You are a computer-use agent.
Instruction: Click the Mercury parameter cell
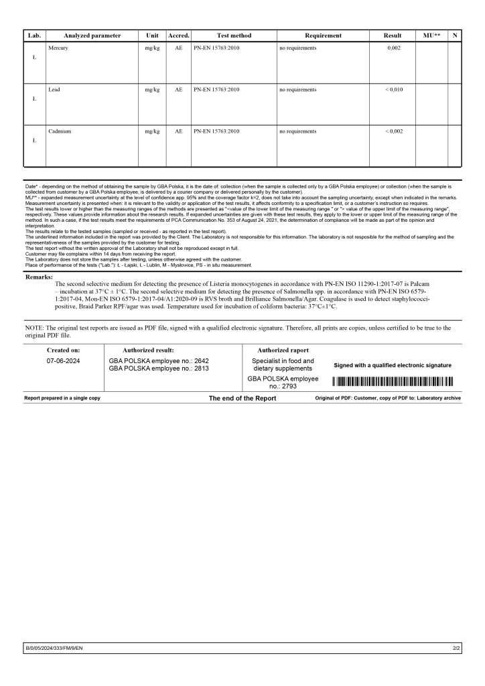[x=58, y=49]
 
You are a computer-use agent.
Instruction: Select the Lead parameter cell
[x=54, y=90]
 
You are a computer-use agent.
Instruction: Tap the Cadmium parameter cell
[x=60, y=131]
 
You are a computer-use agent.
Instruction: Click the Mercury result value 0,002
[x=393, y=49]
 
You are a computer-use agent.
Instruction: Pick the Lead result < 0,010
[x=393, y=90]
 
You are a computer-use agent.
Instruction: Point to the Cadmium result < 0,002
[x=393, y=131]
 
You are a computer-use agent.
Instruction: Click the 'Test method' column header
[x=234, y=36]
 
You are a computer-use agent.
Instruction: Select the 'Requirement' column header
[x=323, y=36]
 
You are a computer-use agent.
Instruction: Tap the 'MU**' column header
[x=432, y=36]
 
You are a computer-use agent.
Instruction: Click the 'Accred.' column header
[x=178, y=36]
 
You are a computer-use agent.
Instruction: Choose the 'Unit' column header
[x=152, y=36]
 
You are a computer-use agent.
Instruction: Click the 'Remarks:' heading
[x=39, y=277]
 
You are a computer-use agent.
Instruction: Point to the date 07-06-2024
[x=63, y=361]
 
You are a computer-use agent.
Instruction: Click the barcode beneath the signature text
[x=393, y=382]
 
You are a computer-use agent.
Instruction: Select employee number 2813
[x=158, y=368]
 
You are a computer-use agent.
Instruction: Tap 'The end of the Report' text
[x=242, y=398]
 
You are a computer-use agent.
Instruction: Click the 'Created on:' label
[x=63, y=350]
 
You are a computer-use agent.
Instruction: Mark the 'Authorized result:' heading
[x=148, y=350]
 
